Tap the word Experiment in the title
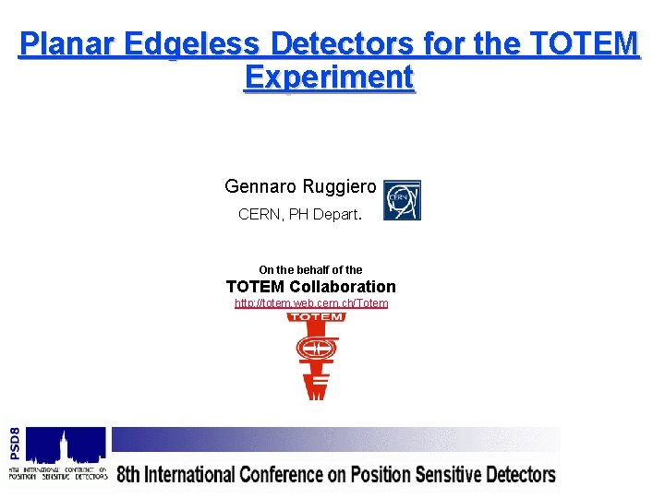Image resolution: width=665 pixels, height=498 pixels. tap(329, 77)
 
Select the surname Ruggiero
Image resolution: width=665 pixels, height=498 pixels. tap(339, 186)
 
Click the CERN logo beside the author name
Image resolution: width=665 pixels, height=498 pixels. tap(402, 200)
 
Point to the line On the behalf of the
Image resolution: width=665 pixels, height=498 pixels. tap(310, 270)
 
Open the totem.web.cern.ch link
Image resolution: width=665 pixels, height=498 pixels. tap(311, 303)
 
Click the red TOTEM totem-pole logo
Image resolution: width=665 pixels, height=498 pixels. tap(316, 356)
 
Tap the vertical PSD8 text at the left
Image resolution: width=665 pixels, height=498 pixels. tap(14, 444)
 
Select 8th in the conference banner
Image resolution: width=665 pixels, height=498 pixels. tap(129, 476)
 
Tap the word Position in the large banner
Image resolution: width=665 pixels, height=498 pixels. tap(375, 476)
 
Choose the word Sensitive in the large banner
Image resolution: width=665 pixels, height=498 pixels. tap(446, 476)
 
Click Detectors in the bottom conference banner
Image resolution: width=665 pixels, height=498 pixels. tap(520, 476)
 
